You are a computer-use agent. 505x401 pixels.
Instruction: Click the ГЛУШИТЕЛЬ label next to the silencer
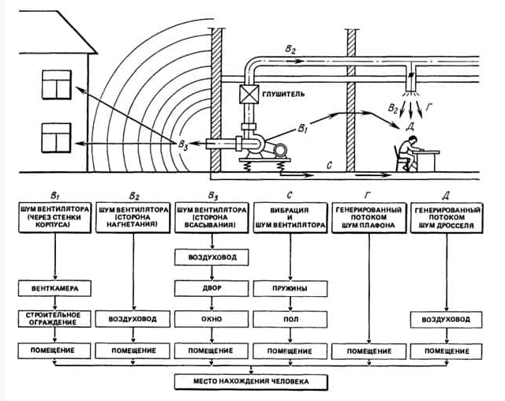pos(283,95)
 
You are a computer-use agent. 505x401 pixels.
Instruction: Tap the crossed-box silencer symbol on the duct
pos(249,94)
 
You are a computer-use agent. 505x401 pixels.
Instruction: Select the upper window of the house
pos(57,84)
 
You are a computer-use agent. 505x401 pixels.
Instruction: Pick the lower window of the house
pos(56,138)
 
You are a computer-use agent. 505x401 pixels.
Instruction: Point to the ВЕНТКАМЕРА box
pos(54,288)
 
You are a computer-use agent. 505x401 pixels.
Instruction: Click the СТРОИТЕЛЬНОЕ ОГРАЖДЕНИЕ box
pos(54,319)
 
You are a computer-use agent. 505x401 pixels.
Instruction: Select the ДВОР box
pos(211,288)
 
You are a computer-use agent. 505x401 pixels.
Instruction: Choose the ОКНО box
pos(211,319)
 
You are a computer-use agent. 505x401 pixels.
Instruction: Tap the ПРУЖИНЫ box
pos(290,288)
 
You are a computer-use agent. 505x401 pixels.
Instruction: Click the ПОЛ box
pos(290,319)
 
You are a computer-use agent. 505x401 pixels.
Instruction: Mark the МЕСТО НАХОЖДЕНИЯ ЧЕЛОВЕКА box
pos(251,382)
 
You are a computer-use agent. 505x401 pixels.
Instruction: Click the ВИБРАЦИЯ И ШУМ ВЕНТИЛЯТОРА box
pos(290,217)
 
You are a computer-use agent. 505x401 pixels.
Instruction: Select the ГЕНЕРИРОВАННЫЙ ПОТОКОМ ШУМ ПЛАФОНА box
pos(369,217)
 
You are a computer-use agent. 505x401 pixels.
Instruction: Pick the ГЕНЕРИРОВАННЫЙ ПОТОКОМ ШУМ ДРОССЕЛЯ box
pos(447,217)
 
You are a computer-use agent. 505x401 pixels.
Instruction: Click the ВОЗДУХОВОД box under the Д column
pos(447,320)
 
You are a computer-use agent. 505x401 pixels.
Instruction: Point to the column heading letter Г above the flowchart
pos(368,195)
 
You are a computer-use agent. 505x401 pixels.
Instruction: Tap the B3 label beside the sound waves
pos(183,144)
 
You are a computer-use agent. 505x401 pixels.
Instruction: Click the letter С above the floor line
pos(329,166)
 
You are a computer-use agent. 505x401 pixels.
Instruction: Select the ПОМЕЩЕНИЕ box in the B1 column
pos(54,350)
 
